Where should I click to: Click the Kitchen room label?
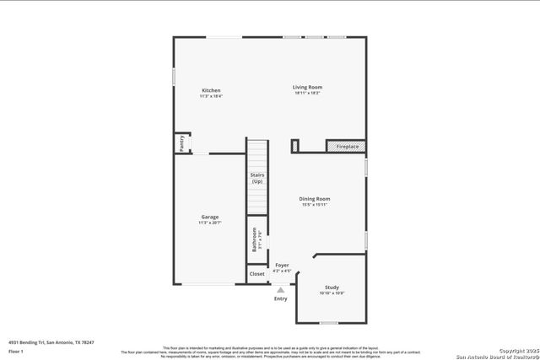[211, 90]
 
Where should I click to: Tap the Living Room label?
[307, 87]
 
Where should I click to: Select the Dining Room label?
[314, 199]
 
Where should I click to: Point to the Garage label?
[209, 217]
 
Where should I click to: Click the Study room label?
[332, 287]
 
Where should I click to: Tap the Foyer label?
[283, 266]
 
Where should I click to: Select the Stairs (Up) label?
[257, 178]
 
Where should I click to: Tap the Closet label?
[257, 274]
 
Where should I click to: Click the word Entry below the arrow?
[281, 298]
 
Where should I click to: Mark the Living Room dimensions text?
[307, 93]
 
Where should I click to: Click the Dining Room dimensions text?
[314, 205]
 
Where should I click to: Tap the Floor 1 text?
[16, 351]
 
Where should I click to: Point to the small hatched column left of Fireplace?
[294, 146]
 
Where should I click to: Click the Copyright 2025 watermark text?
[516, 350]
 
